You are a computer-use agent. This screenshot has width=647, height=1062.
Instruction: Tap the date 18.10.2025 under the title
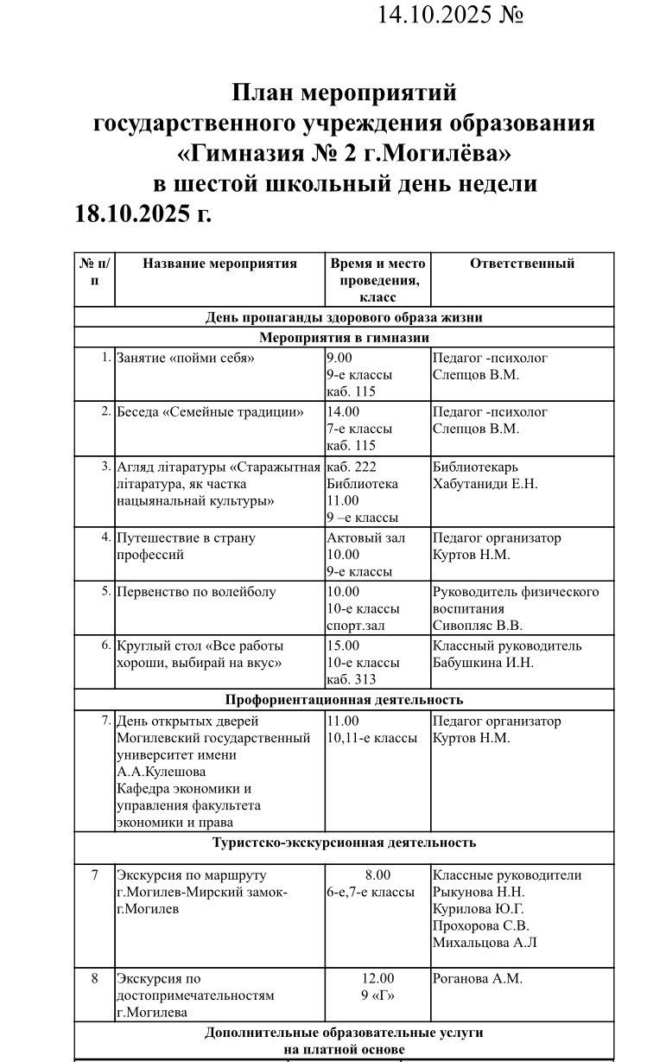(143, 213)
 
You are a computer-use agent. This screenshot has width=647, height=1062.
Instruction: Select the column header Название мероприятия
(219, 264)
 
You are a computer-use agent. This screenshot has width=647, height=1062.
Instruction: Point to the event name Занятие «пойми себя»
(186, 358)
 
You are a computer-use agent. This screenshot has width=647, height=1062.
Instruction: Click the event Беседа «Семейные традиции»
(210, 412)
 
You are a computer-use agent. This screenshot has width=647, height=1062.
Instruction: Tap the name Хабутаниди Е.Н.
(485, 484)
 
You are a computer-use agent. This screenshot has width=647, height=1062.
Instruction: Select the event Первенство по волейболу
(196, 592)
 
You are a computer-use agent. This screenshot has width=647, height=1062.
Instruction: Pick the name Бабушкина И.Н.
(483, 663)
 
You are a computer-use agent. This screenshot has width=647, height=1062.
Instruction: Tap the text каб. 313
(352, 679)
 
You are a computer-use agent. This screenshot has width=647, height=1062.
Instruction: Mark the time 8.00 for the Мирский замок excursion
(377, 874)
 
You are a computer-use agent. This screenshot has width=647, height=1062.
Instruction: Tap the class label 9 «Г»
(377, 995)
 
